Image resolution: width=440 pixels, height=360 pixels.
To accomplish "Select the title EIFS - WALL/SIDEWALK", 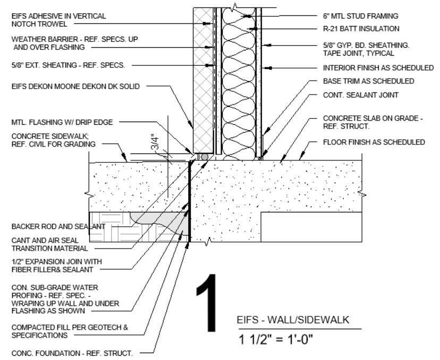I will [x=293, y=320].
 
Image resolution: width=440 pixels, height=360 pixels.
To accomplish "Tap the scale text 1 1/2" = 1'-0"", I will [x=276, y=340].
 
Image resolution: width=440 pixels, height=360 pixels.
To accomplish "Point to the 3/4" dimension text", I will [x=155, y=143].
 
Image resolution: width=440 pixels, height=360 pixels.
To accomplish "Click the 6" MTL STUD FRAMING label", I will [x=360, y=16].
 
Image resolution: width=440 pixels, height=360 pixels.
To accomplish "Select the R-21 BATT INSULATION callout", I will [x=361, y=29].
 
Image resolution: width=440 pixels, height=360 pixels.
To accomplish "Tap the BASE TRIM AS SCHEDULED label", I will [x=368, y=81].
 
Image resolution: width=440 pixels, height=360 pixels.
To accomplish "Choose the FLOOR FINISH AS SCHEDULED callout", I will [x=374, y=142].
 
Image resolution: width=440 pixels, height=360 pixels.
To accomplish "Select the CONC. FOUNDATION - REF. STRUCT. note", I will [x=72, y=353].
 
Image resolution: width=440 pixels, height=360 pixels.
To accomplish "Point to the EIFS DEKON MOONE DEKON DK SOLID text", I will [x=75, y=86].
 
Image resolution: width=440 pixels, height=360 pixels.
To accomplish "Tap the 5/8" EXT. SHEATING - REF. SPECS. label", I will [x=68, y=65].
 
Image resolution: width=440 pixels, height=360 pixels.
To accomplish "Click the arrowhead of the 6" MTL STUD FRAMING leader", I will [x=247, y=16].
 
